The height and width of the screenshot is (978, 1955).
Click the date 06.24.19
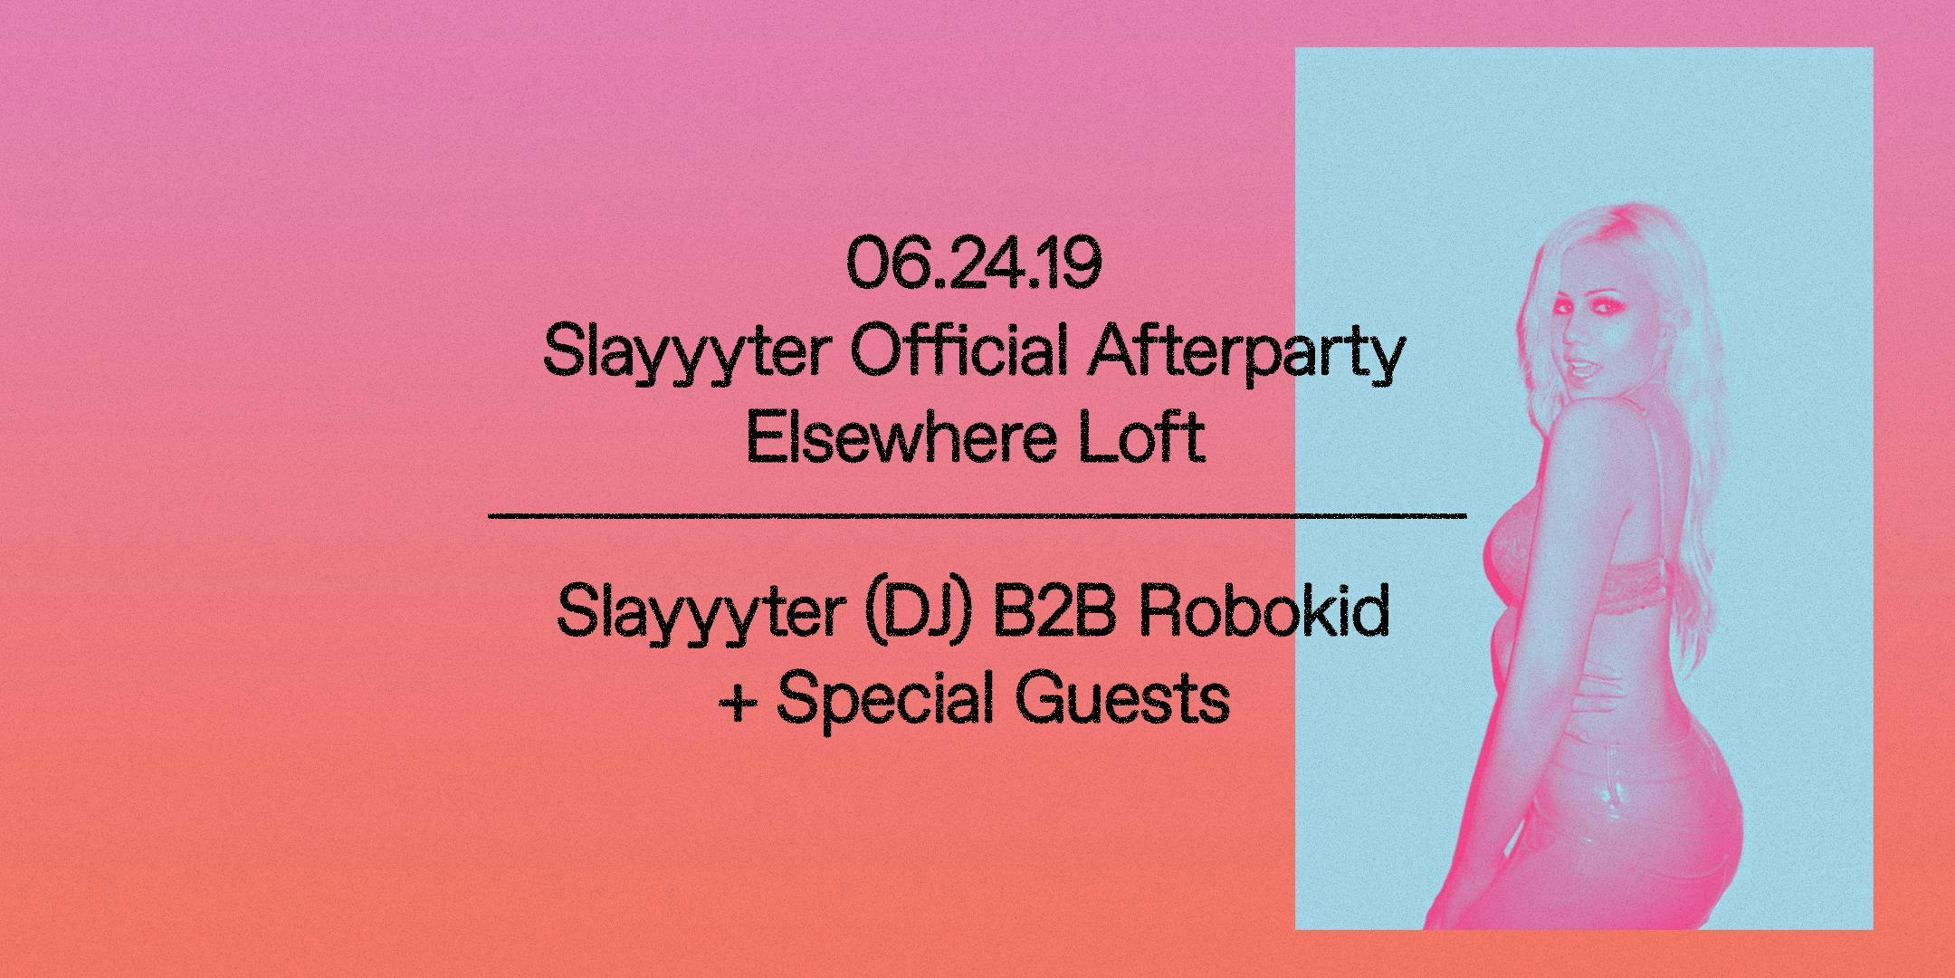click(x=974, y=263)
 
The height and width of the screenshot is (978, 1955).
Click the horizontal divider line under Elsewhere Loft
click(x=977, y=516)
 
